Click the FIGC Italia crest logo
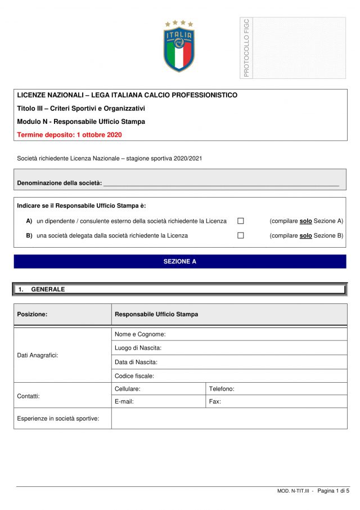click(x=179, y=46)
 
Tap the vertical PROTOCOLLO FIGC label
click(x=246, y=48)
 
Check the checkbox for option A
click(x=240, y=221)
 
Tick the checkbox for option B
click(x=240, y=235)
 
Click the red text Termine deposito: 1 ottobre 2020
click(x=69, y=135)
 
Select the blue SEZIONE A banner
click(x=180, y=262)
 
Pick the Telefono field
click(x=276, y=389)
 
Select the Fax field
click(x=276, y=402)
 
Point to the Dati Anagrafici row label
click(x=38, y=355)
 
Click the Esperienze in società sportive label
click(x=58, y=418)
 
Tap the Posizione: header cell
click(x=32, y=315)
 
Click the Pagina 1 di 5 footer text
click(x=333, y=491)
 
